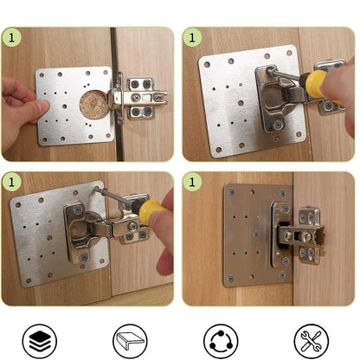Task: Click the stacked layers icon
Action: click(x=40, y=341)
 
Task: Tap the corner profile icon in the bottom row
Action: click(x=130, y=341)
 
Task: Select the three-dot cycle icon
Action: click(x=221, y=341)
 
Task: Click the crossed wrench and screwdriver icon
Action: click(x=311, y=341)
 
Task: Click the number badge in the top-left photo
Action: click(x=11, y=38)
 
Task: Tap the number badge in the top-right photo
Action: click(x=192, y=38)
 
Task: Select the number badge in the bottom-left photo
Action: click(x=11, y=182)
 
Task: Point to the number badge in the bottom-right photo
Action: click(x=192, y=182)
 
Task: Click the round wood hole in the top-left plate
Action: click(x=93, y=105)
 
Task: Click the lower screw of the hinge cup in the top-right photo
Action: click(x=278, y=125)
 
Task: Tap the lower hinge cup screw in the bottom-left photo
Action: click(x=84, y=257)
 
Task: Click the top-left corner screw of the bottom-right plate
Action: click(x=232, y=191)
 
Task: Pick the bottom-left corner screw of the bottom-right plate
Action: click(x=231, y=279)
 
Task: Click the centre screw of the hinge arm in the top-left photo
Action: click(x=135, y=98)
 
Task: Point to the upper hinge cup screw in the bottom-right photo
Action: click(x=286, y=209)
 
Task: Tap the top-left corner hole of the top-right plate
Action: click(x=207, y=65)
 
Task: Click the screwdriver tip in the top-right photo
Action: click(x=271, y=70)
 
